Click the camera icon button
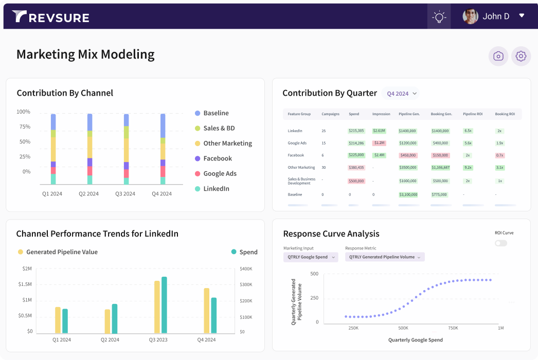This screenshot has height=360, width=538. tap(498, 57)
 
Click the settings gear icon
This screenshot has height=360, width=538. tap(521, 57)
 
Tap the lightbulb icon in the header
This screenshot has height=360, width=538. tap(439, 16)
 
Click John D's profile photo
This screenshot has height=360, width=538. tap(470, 16)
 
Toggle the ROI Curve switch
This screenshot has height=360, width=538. tap(501, 243)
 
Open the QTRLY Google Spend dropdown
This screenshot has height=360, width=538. tap(311, 257)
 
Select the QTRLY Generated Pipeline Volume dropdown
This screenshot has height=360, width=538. tap(385, 257)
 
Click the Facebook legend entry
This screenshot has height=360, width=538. tap(217, 158)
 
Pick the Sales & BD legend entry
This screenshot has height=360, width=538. tap(219, 128)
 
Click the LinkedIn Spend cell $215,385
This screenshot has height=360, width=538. tap(356, 131)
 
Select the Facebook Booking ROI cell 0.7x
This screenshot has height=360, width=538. tap(499, 155)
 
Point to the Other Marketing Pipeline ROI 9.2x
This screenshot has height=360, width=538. tap(468, 168)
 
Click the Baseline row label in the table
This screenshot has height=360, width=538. tap(295, 195)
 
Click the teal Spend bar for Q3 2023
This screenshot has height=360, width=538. tap(164, 305)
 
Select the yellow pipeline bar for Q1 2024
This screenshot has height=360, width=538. tap(58, 320)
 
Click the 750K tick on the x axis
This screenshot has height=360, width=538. tap(453, 328)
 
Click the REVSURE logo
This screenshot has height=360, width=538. tap(50, 17)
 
